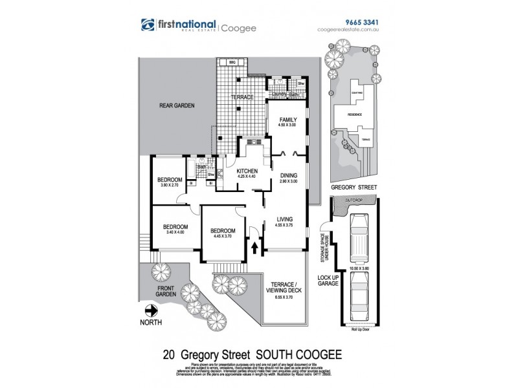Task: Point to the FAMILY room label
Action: (x=287, y=120)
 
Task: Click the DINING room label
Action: (x=288, y=175)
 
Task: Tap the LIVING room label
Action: (x=285, y=219)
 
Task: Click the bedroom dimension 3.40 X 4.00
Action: (x=175, y=233)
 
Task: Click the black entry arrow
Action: (x=254, y=246)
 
